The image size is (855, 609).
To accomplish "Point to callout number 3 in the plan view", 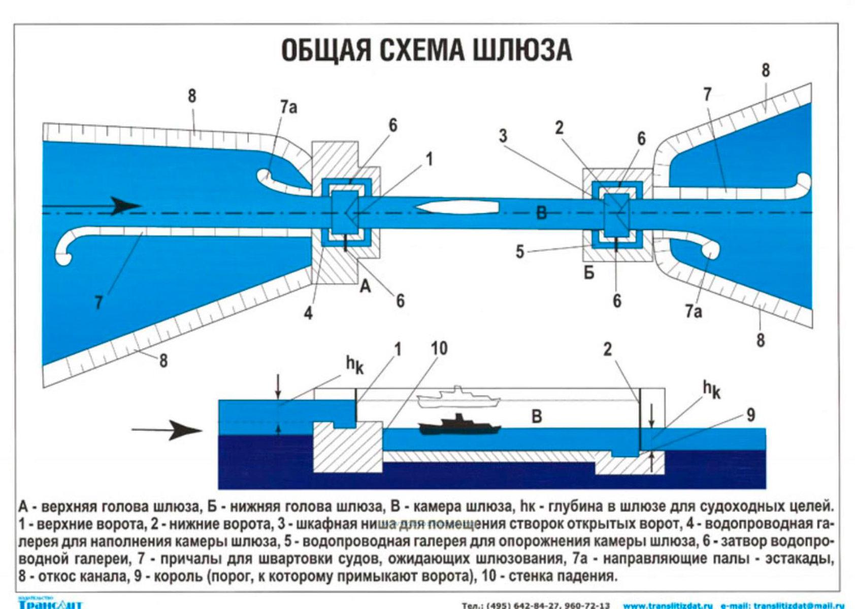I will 503,136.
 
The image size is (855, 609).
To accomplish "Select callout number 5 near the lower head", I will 519,252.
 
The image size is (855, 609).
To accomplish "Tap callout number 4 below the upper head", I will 308,313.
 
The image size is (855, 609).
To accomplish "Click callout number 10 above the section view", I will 439,349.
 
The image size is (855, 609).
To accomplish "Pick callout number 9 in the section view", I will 750,415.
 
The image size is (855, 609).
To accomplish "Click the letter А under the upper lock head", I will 365,287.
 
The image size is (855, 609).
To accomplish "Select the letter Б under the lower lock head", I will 589,273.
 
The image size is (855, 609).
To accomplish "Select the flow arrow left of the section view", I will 168,430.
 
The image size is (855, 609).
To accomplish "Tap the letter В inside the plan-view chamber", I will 542,213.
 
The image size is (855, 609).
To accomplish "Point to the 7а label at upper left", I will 288,107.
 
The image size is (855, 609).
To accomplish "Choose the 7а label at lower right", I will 694,311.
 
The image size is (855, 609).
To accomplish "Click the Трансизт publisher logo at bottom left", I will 50,604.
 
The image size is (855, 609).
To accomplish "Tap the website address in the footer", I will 668,605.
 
